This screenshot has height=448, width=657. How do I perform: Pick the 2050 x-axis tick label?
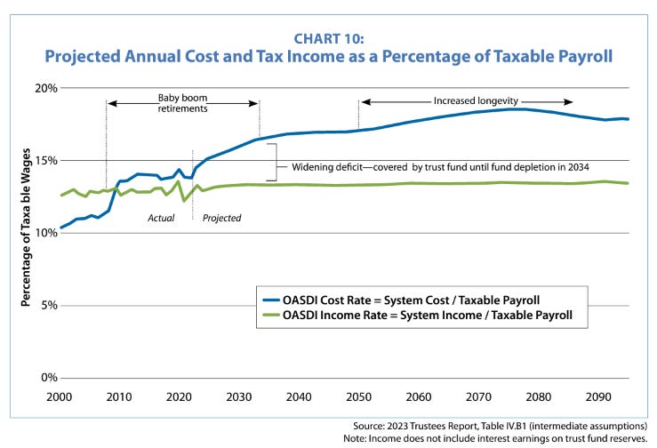tap(359, 395)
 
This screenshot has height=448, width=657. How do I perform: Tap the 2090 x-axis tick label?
tap(599, 395)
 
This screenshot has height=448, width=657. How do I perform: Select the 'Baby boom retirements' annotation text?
tap(182, 103)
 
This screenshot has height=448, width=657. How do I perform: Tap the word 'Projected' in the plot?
tap(221, 217)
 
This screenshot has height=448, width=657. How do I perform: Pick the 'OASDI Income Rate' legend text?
tap(338, 315)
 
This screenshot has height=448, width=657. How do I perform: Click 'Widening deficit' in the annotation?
tap(323, 167)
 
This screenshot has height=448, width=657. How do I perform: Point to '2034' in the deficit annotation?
tap(579, 167)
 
